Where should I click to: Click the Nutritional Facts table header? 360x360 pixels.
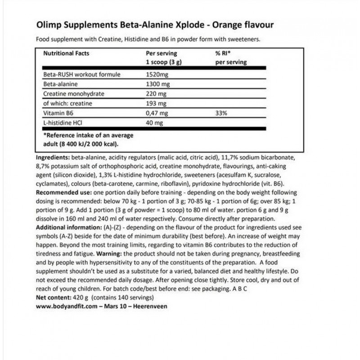66,54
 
